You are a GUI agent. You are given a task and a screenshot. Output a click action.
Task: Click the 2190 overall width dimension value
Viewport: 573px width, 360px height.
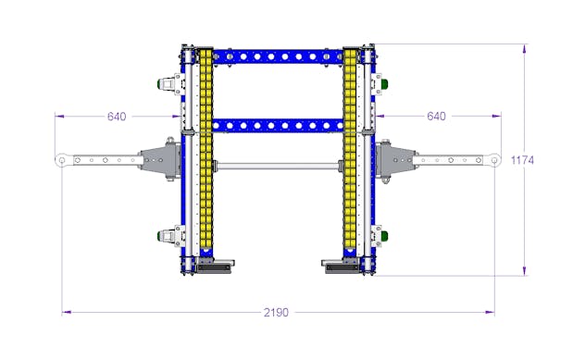coord(276,313)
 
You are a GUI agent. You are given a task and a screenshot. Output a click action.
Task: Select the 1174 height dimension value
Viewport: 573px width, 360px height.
coord(522,160)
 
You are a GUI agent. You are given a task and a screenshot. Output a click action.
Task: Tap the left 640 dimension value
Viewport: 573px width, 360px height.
coord(117,117)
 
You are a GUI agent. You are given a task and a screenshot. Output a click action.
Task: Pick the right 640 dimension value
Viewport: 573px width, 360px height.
coord(436,117)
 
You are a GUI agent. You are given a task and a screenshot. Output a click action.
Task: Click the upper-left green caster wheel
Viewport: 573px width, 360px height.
coord(160,83)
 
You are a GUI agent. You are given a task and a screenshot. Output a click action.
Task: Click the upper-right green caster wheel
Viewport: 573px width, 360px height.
coord(384,83)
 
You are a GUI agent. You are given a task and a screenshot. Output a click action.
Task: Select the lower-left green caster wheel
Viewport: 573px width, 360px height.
coord(160,235)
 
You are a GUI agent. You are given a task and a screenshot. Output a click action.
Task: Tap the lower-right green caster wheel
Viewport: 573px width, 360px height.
coord(384,235)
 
